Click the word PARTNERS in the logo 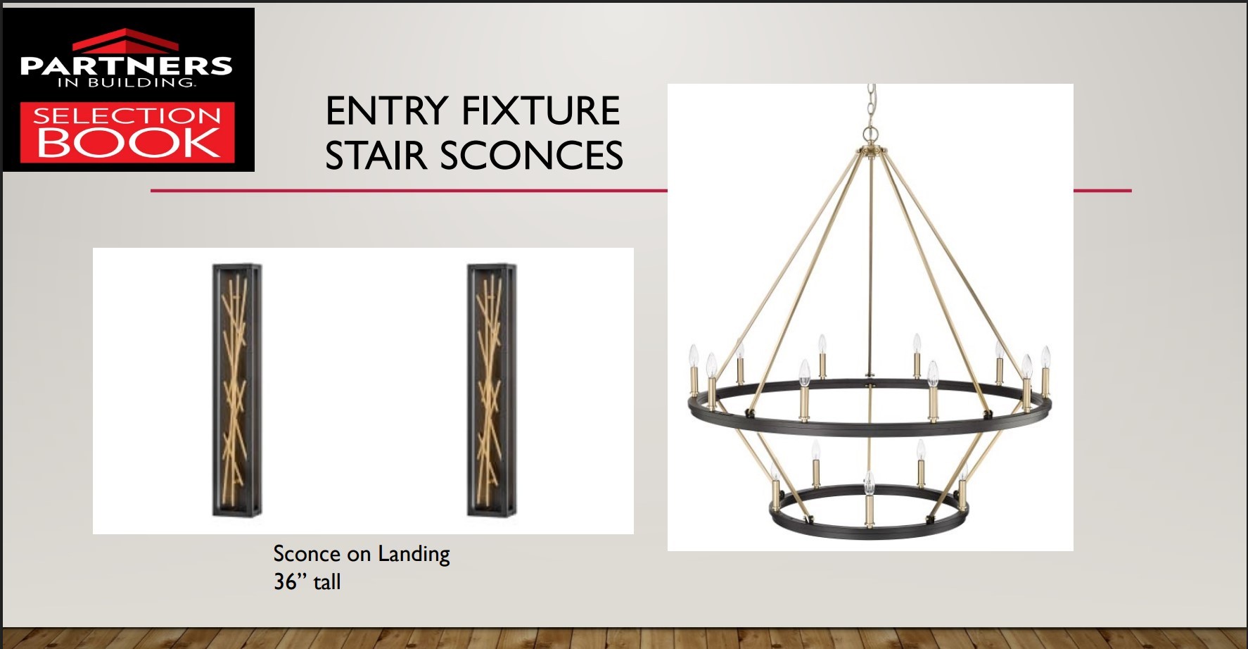[x=127, y=65]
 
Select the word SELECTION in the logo [x=127, y=115]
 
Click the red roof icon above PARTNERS [x=127, y=40]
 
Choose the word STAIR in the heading [x=376, y=156]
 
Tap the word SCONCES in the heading [x=532, y=156]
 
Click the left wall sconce [x=237, y=391]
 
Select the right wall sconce [x=492, y=391]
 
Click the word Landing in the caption [x=414, y=555]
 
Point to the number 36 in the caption [x=286, y=582]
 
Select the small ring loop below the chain [x=872, y=133]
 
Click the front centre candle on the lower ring [x=870, y=499]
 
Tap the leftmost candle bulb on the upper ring [x=693, y=355]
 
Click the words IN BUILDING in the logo [x=127, y=82]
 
